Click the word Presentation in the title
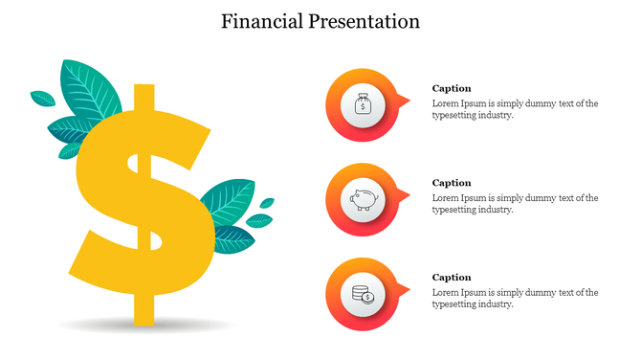367,20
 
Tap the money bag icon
364,104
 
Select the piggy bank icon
364,199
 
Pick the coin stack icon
364,294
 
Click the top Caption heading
452,88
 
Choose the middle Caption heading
452,183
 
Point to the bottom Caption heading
452,278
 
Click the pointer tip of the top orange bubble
409,99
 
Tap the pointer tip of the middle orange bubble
409,193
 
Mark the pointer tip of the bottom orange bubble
409,288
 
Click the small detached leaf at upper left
42,98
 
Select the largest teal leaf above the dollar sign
92,90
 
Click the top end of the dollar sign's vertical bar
144,89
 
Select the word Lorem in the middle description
446,198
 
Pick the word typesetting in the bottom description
458,304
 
